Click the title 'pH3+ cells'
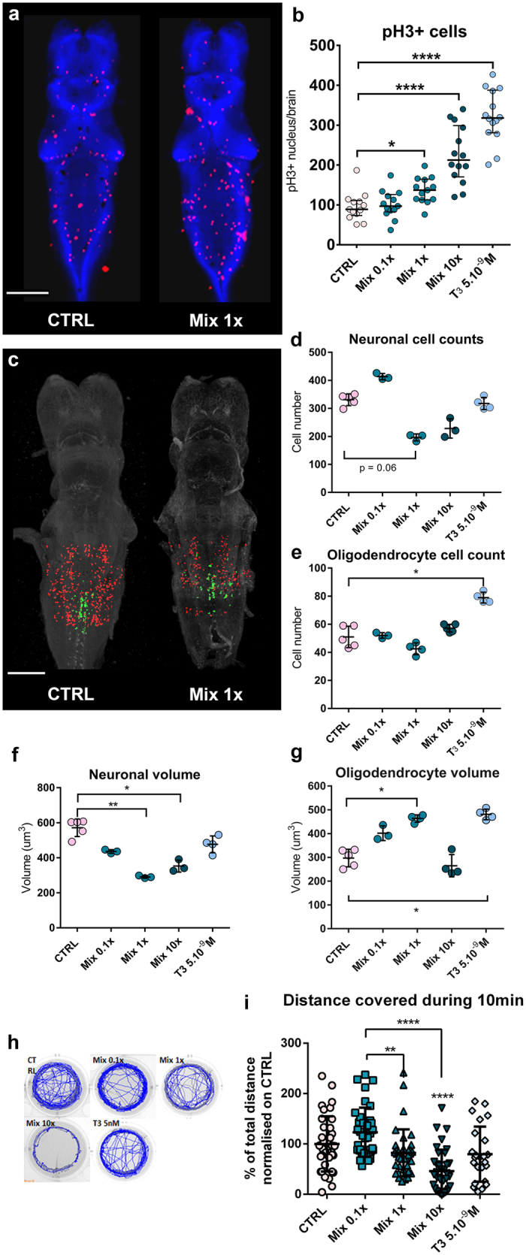[x=424, y=32]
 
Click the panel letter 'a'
[x=14, y=15]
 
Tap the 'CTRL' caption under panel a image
[x=71, y=319]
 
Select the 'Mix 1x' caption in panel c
[x=216, y=694]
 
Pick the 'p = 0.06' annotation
[x=377, y=467]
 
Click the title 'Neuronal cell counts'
[x=416, y=339]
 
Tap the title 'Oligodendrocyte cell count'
[x=416, y=555]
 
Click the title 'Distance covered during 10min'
[x=403, y=1001]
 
